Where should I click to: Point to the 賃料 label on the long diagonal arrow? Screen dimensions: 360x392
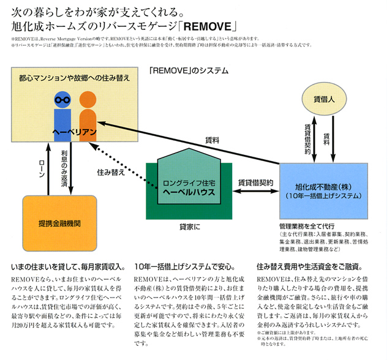pos(211,140)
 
